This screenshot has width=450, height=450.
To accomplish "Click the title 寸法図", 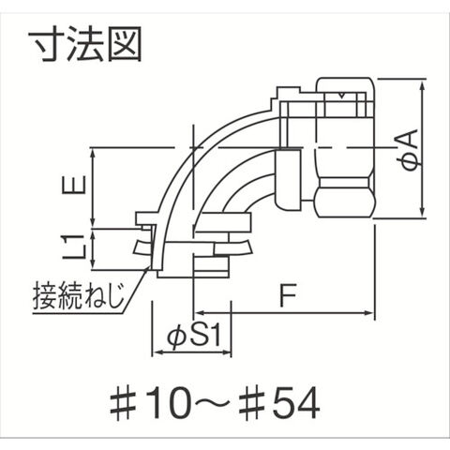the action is coord(85,43).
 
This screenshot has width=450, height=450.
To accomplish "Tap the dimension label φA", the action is coord(410,150).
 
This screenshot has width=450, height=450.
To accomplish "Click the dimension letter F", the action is coord(288,295).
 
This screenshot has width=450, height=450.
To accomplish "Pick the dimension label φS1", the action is coord(194,337).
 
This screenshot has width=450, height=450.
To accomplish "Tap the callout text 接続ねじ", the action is coord(79,294).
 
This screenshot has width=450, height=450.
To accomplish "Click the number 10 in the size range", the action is coord(166,403).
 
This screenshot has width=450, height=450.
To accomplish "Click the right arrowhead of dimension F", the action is coord(369,312).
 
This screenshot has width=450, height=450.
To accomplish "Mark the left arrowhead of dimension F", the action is coord(200,312).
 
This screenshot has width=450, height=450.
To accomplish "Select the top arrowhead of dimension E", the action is coord(93,154).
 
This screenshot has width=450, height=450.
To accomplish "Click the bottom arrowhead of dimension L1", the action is coord(93,264).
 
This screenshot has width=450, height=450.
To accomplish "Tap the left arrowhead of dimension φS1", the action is coord(157,353).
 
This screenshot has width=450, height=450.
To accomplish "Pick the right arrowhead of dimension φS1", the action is coord(226,353).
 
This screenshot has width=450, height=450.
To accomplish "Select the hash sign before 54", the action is coord(252,404).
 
